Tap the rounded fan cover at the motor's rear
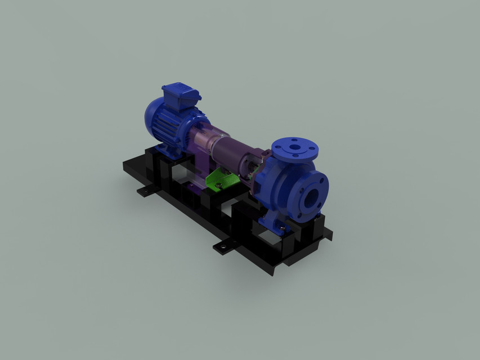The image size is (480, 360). click(x=153, y=116)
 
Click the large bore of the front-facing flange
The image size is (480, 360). click(x=311, y=196)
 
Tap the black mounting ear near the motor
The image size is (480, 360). click(x=146, y=191)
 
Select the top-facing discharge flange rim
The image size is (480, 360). click(x=307, y=147)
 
